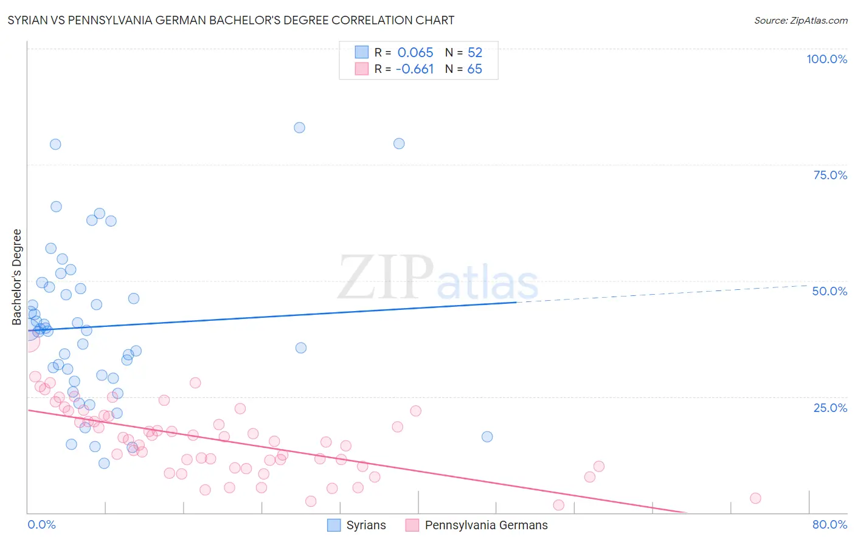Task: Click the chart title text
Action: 230,20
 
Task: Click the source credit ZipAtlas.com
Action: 800,20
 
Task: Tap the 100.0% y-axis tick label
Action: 826,59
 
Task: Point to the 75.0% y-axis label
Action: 830,175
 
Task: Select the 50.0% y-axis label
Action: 829,291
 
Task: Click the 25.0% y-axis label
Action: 830,408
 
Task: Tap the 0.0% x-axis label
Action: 41,524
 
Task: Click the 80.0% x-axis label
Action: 829,524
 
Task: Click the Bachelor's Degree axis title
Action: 17,277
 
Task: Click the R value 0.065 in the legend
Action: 415,52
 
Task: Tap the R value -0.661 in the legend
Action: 414,69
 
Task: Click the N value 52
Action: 474,52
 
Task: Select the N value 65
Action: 474,69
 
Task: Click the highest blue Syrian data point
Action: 299,128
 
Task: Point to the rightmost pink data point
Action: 755,498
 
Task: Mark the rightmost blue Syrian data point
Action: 487,437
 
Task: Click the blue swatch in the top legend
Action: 362,52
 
